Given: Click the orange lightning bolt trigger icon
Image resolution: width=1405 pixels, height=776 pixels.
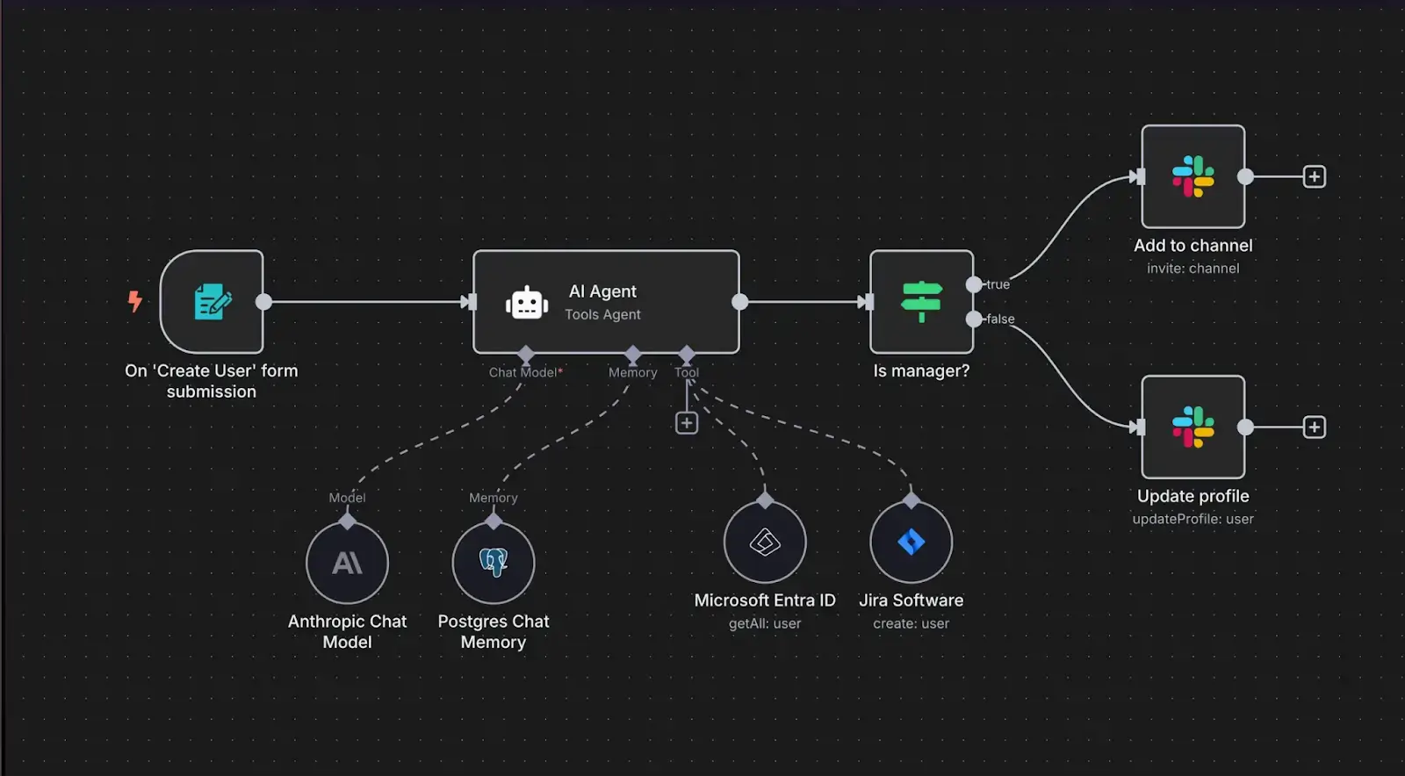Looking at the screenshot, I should click(x=134, y=301).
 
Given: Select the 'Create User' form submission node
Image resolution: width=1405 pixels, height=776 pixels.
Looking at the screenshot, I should click(x=212, y=302).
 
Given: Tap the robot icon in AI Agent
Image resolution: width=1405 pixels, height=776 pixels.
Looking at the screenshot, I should click(x=527, y=303).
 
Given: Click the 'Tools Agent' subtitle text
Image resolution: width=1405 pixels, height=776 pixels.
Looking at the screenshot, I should click(x=602, y=314).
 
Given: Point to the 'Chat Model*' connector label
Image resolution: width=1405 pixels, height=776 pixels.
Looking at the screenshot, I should click(x=525, y=372).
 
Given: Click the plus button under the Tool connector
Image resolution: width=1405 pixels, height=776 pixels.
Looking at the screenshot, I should click(x=687, y=423).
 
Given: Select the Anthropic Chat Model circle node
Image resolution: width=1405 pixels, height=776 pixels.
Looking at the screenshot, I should click(x=347, y=563).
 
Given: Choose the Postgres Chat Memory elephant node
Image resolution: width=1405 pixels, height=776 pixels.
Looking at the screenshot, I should click(x=494, y=563).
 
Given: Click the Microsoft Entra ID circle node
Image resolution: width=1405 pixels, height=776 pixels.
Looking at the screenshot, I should click(x=765, y=542).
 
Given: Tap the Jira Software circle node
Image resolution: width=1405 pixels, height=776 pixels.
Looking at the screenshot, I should click(x=911, y=542).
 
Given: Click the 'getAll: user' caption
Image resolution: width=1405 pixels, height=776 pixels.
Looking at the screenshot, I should click(x=765, y=623).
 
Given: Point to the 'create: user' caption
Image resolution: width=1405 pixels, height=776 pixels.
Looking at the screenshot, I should click(x=911, y=623).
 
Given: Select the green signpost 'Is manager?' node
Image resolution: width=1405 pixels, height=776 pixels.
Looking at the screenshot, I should click(x=921, y=302).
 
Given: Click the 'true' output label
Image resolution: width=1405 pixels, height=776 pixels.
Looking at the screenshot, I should click(x=998, y=284).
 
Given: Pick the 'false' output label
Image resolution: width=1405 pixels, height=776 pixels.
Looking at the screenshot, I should click(x=1000, y=319).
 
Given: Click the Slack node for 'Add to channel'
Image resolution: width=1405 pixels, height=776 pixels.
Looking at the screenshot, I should click(x=1192, y=176).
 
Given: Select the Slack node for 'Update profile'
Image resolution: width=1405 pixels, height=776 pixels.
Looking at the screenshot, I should click(x=1192, y=427).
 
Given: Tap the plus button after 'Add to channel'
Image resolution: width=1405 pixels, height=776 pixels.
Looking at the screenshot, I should click(x=1314, y=176).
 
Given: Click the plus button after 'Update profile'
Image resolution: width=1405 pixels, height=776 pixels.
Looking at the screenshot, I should click(x=1314, y=428).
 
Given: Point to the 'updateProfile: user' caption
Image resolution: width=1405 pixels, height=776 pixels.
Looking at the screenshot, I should click(x=1192, y=519).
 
